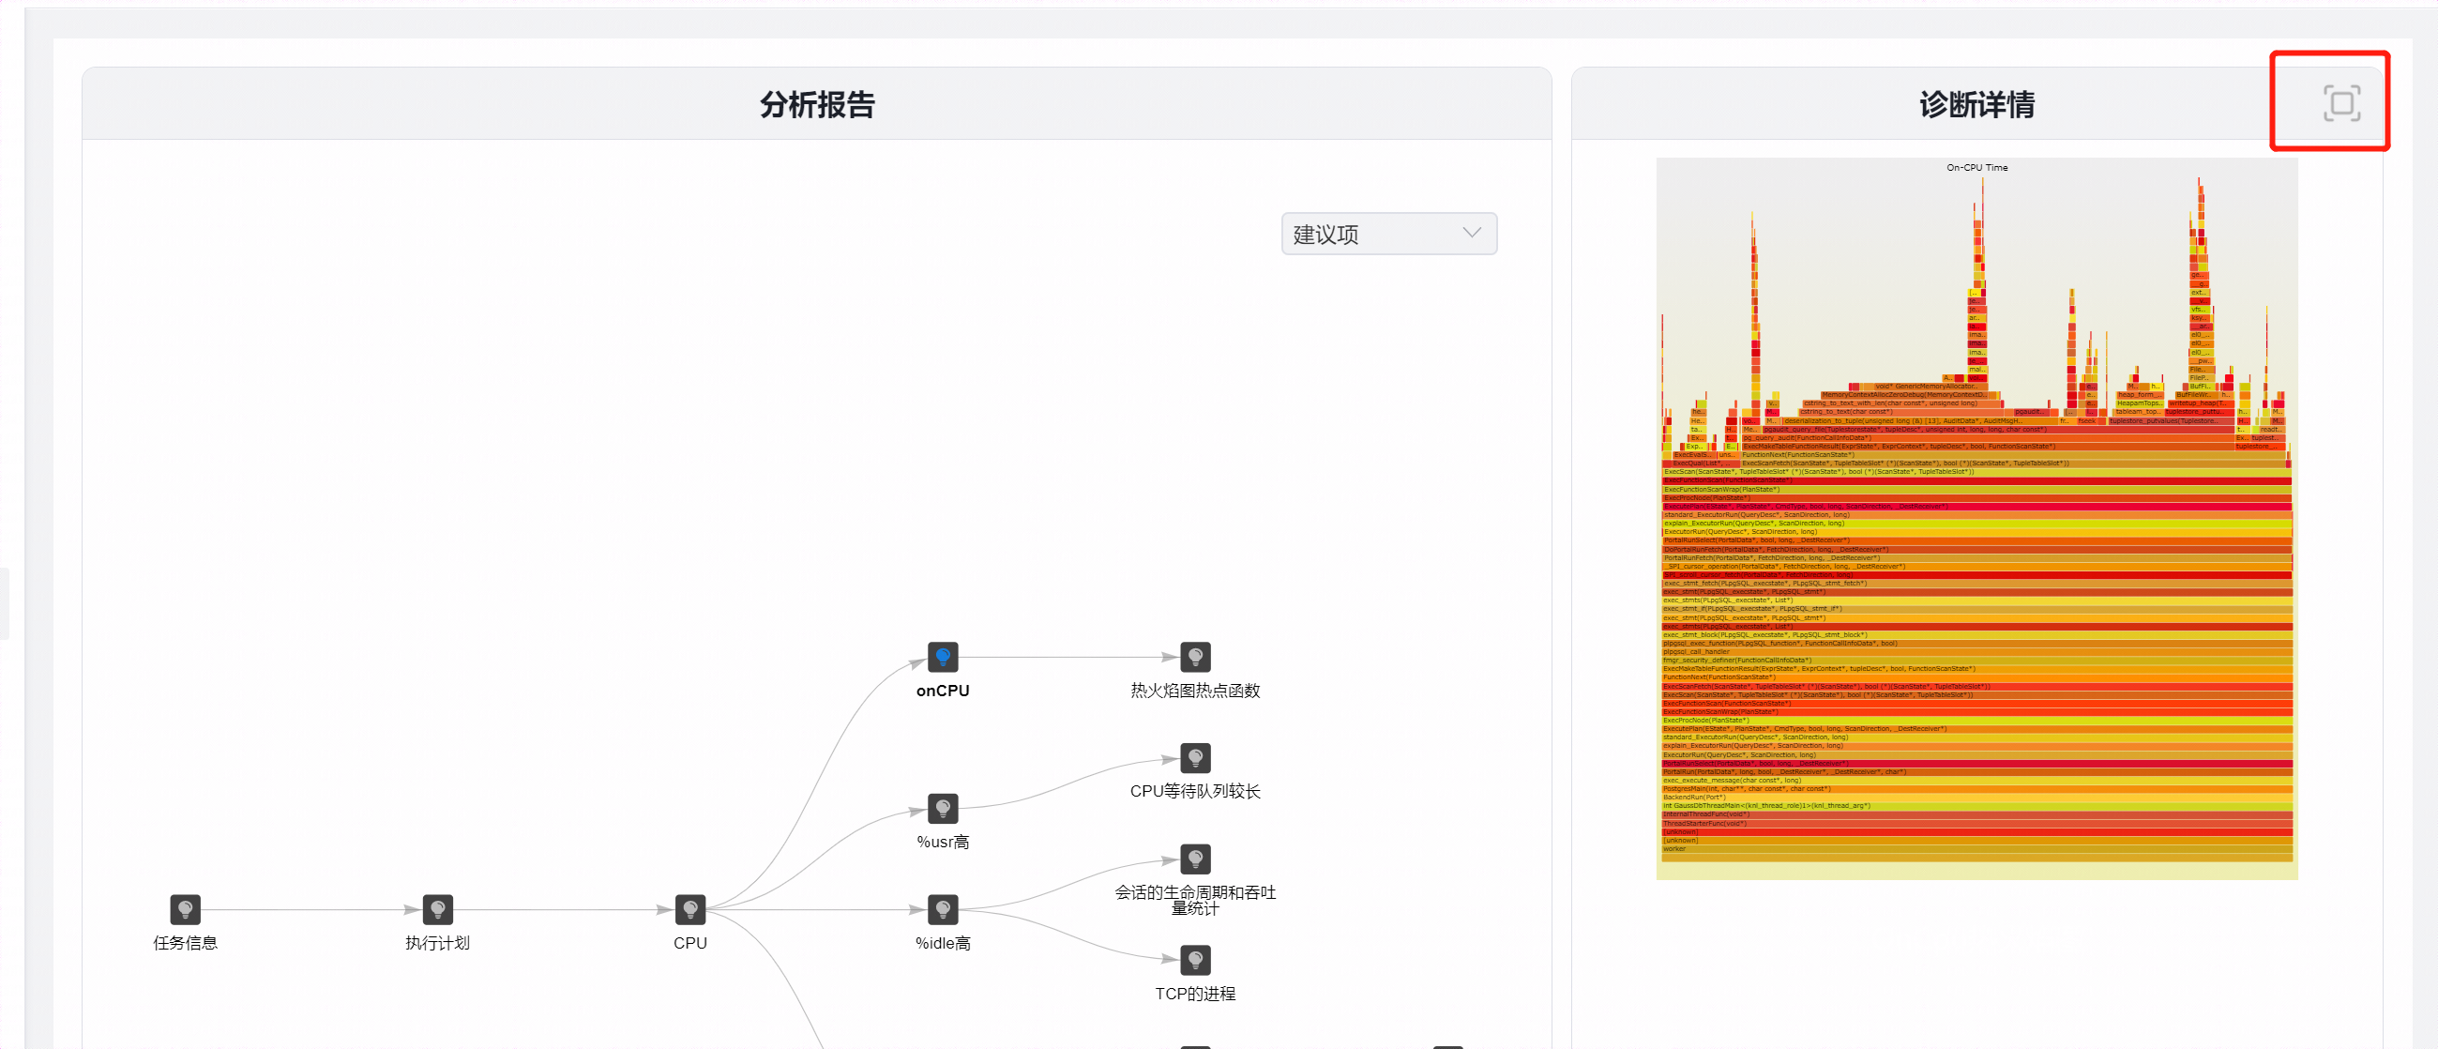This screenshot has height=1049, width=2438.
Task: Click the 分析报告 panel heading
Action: (x=817, y=104)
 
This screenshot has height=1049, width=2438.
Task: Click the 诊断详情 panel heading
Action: (x=1976, y=104)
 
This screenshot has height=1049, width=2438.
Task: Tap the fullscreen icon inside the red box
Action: (x=2340, y=103)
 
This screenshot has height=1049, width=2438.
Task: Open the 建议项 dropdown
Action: (x=1387, y=234)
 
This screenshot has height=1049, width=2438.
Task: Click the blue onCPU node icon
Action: (x=943, y=656)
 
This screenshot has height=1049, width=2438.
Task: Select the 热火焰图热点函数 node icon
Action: (x=1195, y=656)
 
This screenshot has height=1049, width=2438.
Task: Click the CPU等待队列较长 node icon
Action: (x=1195, y=757)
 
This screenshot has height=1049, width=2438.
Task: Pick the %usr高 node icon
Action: (x=943, y=808)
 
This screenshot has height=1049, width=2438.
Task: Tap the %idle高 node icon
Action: (x=943, y=909)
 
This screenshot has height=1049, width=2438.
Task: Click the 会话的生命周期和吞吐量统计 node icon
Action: (x=1195, y=859)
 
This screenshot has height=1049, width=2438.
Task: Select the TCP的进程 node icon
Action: (x=1195, y=959)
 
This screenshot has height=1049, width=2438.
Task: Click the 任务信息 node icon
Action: (x=186, y=909)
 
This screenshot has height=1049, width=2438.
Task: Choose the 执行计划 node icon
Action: (x=437, y=909)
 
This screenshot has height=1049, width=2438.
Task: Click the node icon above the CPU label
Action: (x=690, y=909)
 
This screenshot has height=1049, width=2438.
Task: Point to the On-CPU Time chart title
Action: (x=1976, y=168)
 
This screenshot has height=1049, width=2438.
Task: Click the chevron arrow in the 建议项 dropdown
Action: (x=1471, y=233)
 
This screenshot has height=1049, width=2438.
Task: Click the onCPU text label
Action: (x=943, y=692)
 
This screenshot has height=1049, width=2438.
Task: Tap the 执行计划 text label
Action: (x=437, y=943)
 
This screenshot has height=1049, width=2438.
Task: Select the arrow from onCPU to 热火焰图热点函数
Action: (x=1069, y=657)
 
